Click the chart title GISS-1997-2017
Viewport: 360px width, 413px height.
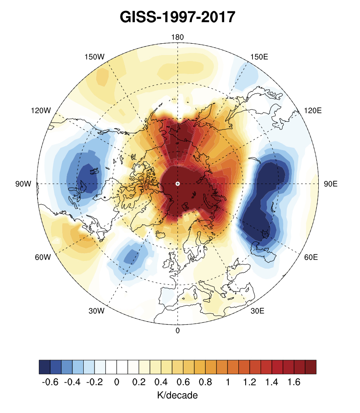click(x=177, y=17)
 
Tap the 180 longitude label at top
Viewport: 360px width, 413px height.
click(x=177, y=37)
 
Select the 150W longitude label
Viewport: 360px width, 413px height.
click(x=95, y=57)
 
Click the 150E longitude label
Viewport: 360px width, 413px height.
click(x=259, y=57)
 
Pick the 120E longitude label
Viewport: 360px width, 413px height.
click(x=313, y=110)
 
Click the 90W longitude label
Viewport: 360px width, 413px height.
click(x=23, y=184)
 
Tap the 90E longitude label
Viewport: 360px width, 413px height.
click(x=331, y=184)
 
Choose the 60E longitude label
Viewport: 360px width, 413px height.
click(x=310, y=257)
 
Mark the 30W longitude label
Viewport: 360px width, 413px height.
click(x=97, y=311)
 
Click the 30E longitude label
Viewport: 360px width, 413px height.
click(x=257, y=311)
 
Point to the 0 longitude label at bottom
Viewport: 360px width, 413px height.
click(x=177, y=330)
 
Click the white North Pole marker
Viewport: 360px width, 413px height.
click(x=177, y=184)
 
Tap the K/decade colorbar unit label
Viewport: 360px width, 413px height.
click(x=177, y=395)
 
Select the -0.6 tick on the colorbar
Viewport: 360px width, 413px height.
click(x=50, y=382)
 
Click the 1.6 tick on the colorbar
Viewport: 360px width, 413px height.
click(x=294, y=382)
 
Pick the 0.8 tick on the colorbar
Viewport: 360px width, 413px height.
click(x=206, y=382)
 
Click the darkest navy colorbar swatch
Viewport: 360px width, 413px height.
click(x=44, y=367)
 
